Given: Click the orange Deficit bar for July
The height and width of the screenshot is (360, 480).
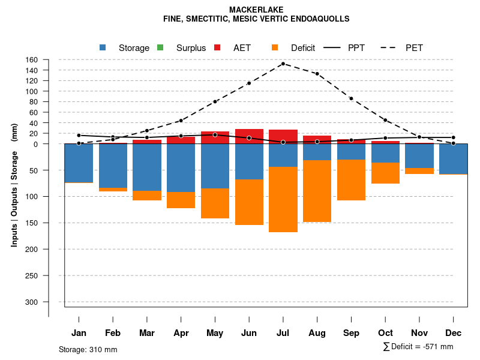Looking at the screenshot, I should [283, 199].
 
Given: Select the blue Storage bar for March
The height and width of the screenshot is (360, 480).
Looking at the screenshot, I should [147, 167].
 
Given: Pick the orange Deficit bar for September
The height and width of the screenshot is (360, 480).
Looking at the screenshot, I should [351, 179].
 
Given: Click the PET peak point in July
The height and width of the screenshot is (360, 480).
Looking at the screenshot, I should [283, 64].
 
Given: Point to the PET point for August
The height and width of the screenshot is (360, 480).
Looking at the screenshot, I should [317, 74].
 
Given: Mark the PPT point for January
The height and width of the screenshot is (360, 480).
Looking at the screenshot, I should [79, 136].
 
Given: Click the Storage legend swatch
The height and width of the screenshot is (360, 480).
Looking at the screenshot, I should [103, 47].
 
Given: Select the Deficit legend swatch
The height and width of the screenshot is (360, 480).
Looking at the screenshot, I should [275, 47].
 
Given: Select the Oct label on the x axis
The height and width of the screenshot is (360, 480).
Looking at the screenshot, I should [385, 333].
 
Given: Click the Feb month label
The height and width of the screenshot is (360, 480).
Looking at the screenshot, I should [113, 333].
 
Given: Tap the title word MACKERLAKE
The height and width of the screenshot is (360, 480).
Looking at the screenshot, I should [256, 10].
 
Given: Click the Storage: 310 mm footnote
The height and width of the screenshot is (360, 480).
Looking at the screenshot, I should [88, 349].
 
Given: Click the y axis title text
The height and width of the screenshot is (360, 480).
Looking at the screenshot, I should [14, 184].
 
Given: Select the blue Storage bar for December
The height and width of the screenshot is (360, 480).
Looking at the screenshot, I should [453, 158].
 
